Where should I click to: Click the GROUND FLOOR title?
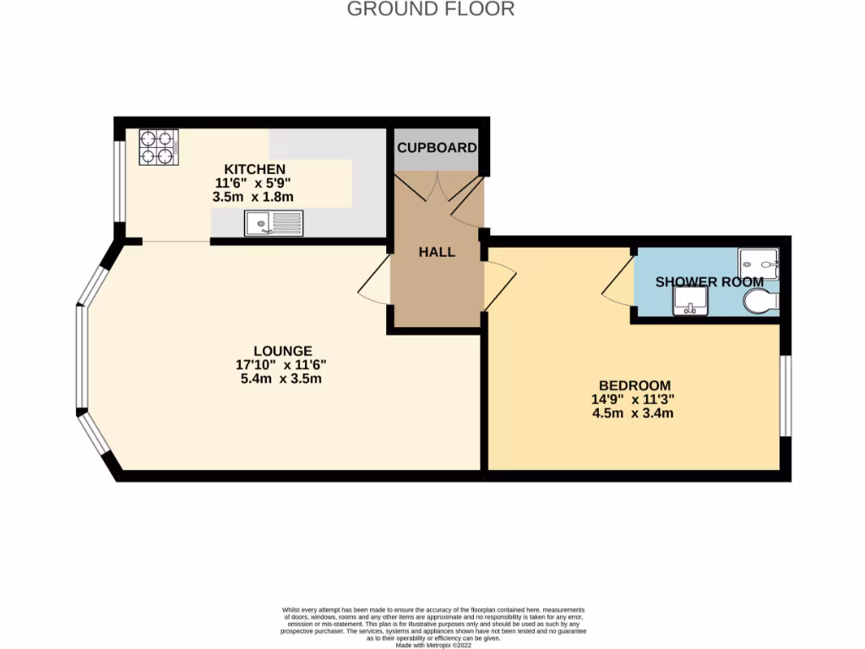coord(431,9)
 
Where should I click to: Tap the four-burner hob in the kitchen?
coord(158,146)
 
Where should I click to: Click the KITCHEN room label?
coord(254,169)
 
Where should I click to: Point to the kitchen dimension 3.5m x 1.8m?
coord(253,196)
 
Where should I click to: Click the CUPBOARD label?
coord(437,148)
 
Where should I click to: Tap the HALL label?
coord(437,252)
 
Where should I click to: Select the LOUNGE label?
coord(282,351)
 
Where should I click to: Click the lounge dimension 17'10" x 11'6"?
coord(281,364)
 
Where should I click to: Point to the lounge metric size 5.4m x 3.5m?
coord(281,379)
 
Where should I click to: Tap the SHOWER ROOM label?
coord(710,281)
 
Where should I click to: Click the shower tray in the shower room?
coord(758,263)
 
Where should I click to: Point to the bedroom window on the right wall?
coord(786,395)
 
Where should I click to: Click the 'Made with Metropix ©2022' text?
coord(432,644)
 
